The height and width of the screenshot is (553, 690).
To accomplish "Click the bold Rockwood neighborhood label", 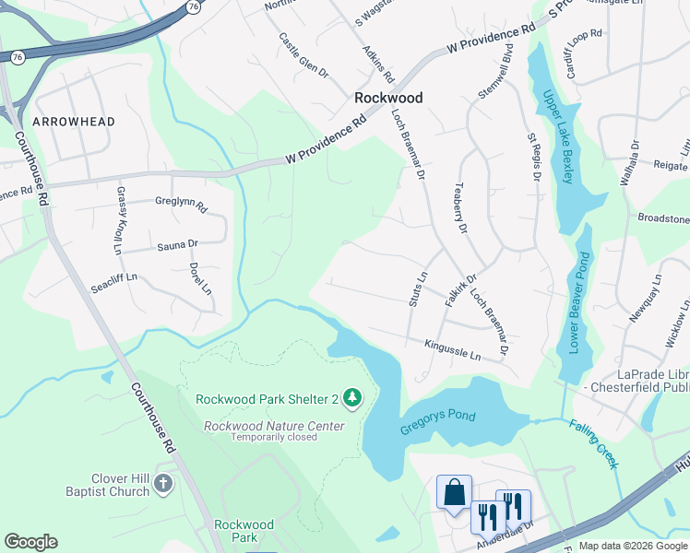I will [x=389, y=98].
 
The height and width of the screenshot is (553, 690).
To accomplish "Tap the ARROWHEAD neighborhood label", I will [x=74, y=122].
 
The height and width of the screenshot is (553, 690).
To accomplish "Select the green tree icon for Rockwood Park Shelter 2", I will [x=351, y=398].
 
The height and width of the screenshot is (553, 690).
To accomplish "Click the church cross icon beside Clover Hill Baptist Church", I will [x=163, y=484].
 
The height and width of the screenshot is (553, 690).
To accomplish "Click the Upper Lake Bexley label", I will [x=558, y=136].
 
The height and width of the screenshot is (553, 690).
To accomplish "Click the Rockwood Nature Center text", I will [x=274, y=426].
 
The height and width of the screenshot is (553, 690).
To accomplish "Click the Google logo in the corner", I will [x=30, y=542].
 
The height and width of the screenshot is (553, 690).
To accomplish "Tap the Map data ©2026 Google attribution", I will [x=633, y=546].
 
